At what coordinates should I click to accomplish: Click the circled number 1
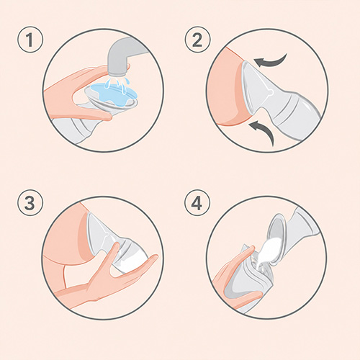pyautogui.click(x=30, y=40)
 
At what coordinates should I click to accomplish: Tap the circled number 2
pyautogui.click(x=197, y=40)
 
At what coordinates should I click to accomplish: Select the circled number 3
pyautogui.click(x=30, y=203)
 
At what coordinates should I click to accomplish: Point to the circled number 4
pyautogui.click(x=197, y=203)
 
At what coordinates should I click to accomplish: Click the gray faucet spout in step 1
pyautogui.click(x=120, y=58)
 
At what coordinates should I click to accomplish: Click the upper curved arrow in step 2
pyautogui.click(x=271, y=60)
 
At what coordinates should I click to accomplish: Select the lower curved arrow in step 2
pyautogui.click(x=264, y=131)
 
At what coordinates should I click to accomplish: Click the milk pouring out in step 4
pyautogui.click(x=268, y=253)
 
